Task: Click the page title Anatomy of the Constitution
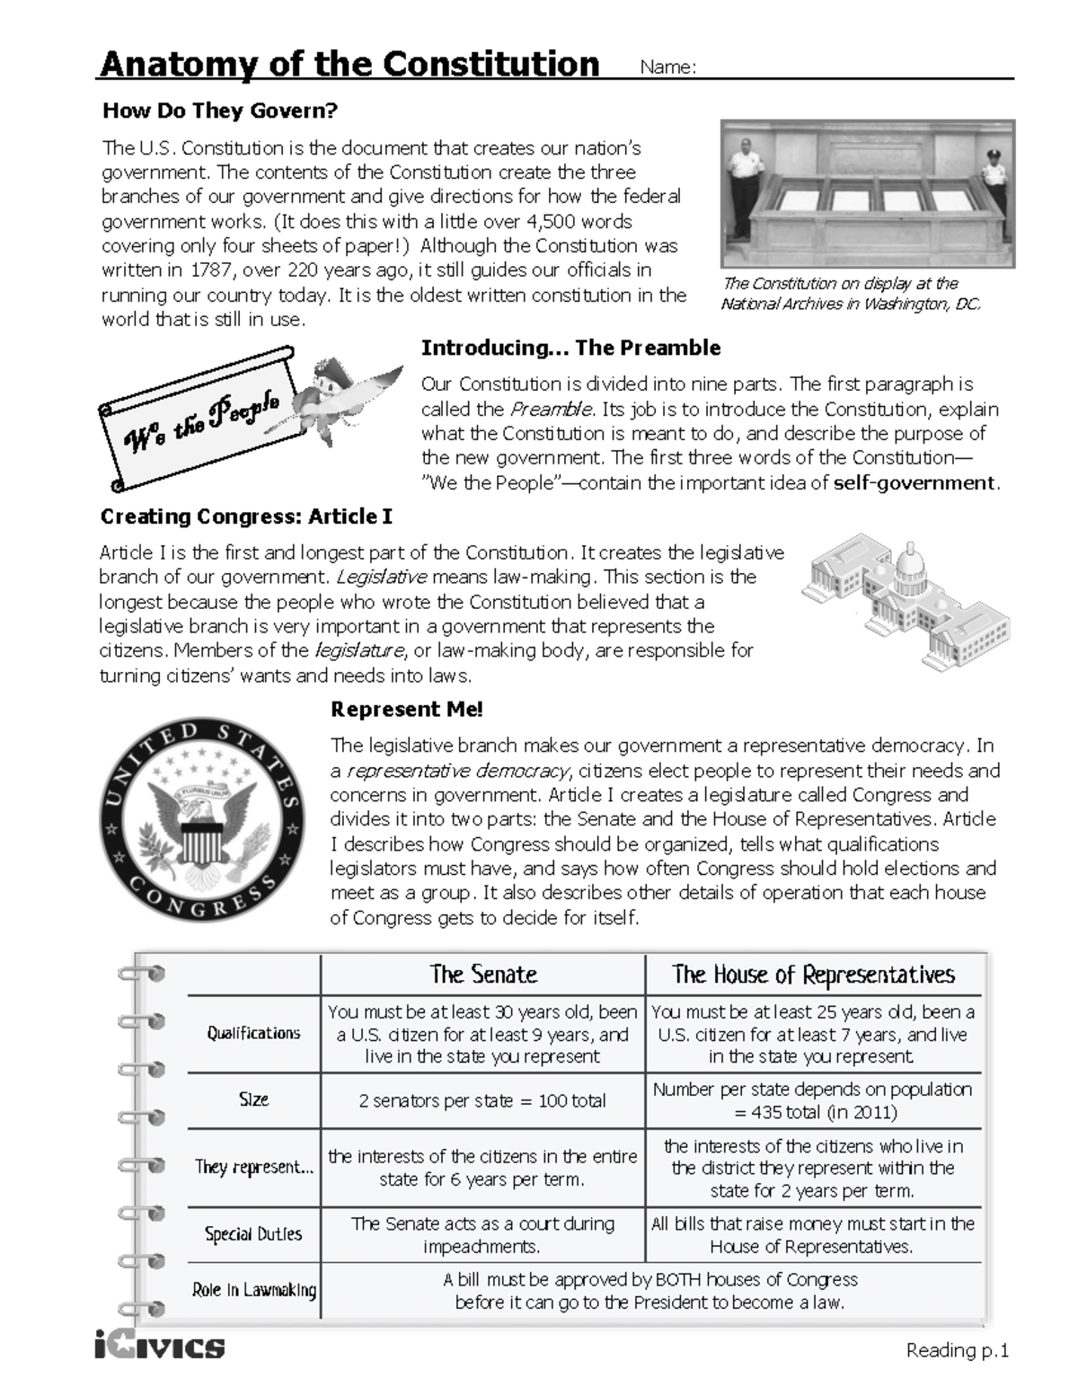click(x=349, y=65)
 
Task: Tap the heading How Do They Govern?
click(x=219, y=111)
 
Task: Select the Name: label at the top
click(x=667, y=68)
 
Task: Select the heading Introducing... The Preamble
click(x=570, y=348)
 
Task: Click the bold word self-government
click(x=915, y=483)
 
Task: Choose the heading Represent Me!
click(x=407, y=710)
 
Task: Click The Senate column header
click(x=482, y=975)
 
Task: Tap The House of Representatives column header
click(x=813, y=975)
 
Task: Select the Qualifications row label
click(x=253, y=1033)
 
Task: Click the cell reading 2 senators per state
click(x=482, y=1100)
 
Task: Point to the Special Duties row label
click(x=253, y=1234)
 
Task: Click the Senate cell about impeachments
click(x=482, y=1235)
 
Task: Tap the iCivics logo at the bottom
click(x=159, y=1346)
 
